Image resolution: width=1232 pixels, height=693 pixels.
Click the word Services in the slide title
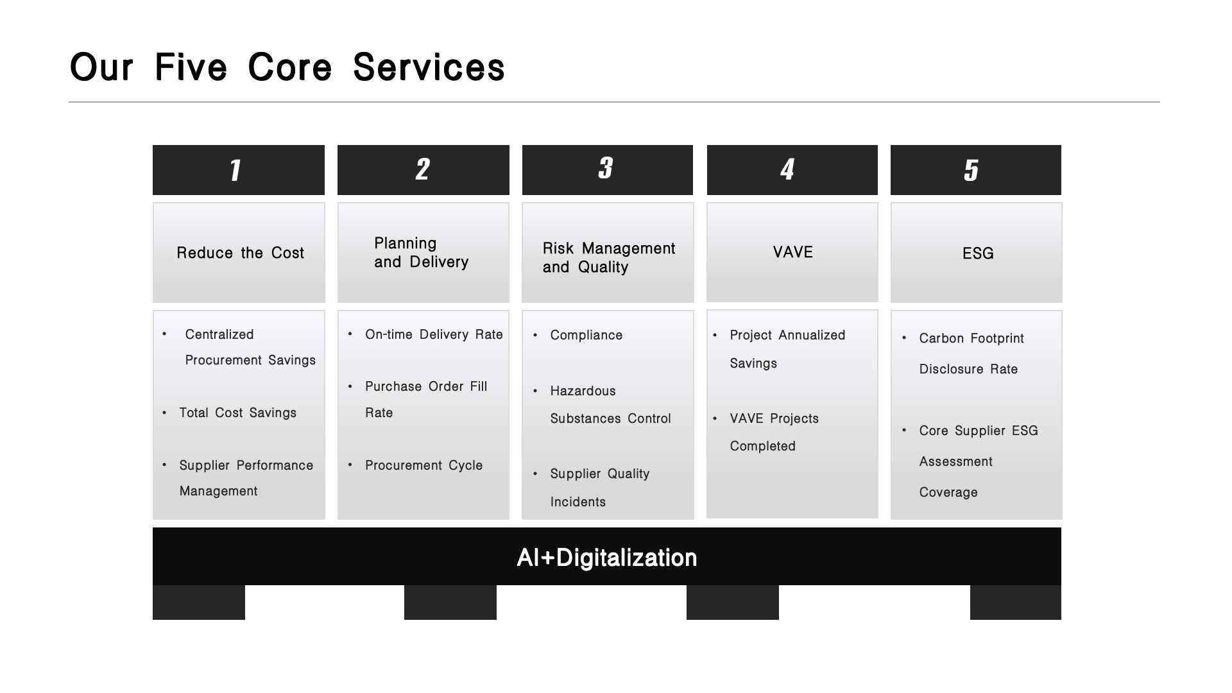coord(429,67)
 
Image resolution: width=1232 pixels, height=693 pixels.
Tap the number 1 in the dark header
coord(235,170)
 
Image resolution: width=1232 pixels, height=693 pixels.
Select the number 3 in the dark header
coord(606,168)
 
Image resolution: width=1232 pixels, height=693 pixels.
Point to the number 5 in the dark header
coord(971,170)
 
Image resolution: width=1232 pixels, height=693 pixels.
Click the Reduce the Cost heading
coord(240,253)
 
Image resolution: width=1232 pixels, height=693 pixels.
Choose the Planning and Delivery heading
coord(422,253)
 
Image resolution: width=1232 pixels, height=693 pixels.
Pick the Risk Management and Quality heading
coord(609,258)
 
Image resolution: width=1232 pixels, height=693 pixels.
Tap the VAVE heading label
coord(792,252)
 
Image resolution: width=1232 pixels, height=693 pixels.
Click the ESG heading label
coord(978,253)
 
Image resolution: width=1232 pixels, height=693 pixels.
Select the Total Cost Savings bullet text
coord(237,413)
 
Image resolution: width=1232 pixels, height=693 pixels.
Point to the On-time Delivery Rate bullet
coord(434,334)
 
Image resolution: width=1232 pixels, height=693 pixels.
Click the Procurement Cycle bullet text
coord(424,465)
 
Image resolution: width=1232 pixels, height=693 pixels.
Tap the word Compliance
coord(586,335)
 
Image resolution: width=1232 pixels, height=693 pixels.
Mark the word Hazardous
coord(583,391)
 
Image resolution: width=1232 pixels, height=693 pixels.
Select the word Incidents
coord(577,502)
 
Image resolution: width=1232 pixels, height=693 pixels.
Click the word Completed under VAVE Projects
coord(762,446)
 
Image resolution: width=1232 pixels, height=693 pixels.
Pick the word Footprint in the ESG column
coord(997,338)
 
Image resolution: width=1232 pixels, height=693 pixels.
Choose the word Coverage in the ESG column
coord(948,492)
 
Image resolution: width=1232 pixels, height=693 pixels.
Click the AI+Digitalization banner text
coord(606,558)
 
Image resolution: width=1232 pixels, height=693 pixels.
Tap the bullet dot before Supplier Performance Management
coord(164,465)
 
